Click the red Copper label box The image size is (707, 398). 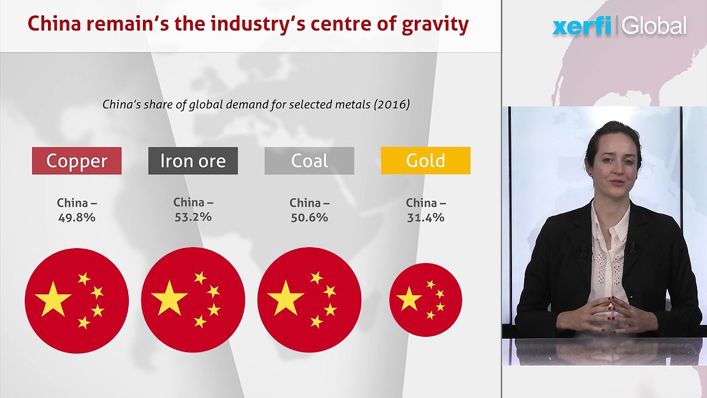(x=77, y=161)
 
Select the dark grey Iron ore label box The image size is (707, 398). (x=193, y=161)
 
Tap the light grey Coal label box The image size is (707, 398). (x=309, y=161)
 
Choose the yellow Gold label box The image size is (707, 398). (x=426, y=160)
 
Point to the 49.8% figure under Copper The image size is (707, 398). (x=77, y=218)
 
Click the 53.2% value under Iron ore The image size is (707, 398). (x=193, y=217)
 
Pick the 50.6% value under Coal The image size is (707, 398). (x=309, y=218)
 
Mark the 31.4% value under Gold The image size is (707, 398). (x=426, y=218)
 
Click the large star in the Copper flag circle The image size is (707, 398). (x=53, y=300)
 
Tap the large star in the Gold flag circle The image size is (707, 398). (x=409, y=299)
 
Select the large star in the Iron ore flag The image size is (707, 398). (x=169, y=298)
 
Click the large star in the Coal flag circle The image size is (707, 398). (x=286, y=298)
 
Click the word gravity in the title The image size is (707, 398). (x=435, y=25)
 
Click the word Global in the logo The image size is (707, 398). (x=655, y=26)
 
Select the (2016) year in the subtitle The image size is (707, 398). (x=392, y=104)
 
